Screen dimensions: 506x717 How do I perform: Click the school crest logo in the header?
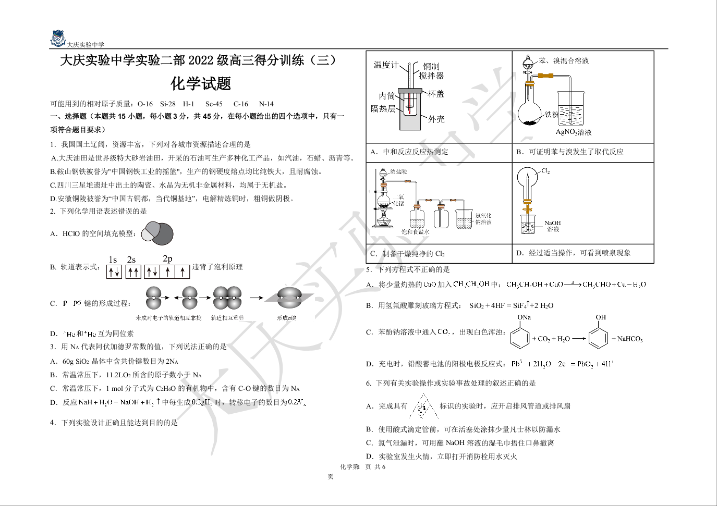[57, 38]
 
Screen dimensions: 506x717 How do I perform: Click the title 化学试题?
[201, 84]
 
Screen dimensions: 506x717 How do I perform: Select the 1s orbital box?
[114, 271]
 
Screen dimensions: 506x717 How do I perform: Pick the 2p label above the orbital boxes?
[167, 258]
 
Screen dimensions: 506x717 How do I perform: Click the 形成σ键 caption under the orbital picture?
[286, 318]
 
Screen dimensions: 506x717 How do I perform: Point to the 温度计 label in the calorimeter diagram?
[386, 65]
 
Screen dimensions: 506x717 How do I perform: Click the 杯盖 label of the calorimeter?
[436, 94]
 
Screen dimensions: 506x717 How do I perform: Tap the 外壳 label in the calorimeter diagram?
[436, 119]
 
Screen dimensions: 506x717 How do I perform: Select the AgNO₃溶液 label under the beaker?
[574, 132]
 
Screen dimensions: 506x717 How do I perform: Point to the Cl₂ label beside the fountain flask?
[545, 171]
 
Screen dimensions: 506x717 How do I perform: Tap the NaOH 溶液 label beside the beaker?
[553, 226]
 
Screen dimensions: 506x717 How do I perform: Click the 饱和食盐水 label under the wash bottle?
[415, 231]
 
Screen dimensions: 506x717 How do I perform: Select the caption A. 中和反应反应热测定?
[409, 152]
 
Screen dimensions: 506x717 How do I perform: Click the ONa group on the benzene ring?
[524, 317]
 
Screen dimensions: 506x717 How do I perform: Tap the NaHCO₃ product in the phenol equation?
[630, 339]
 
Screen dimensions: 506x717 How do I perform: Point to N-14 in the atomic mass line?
[266, 104]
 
